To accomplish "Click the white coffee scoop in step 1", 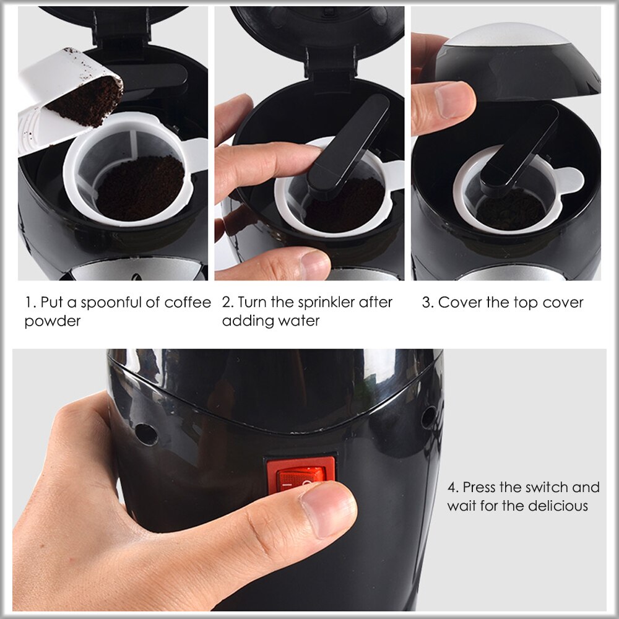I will click(x=56, y=99).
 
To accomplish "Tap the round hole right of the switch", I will click(x=428, y=417).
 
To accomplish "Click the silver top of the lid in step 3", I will click(x=508, y=37).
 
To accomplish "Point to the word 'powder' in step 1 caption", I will click(x=53, y=321).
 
